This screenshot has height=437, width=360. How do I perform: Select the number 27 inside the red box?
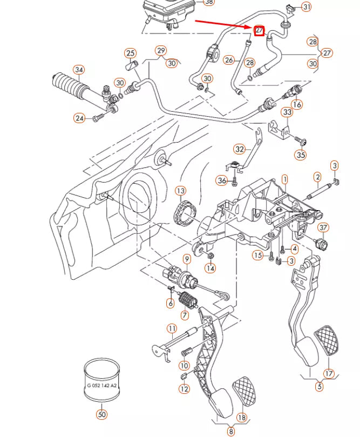pyautogui.click(x=259, y=31)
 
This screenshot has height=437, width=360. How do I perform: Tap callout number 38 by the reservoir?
pyautogui.click(x=207, y=2)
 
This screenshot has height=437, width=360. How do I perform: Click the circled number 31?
pyautogui.click(x=306, y=7)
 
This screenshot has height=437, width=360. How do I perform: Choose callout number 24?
pyautogui.click(x=80, y=118)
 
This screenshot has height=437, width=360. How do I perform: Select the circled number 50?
pyautogui.click(x=101, y=414)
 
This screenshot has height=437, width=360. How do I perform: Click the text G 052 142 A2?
pyautogui.click(x=101, y=386)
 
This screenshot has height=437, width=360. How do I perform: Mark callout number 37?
pyautogui.click(x=322, y=228)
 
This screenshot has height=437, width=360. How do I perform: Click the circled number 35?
pyautogui.click(x=301, y=155)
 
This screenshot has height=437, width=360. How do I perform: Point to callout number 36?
pyautogui.click(x=221, y=180)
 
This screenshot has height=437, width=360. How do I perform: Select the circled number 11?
pyautogui.click(x=172, y=328)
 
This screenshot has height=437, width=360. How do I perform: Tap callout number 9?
pyautogui.click(x=186, y=259)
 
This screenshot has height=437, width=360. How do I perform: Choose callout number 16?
pyautogui.click(x=296, y=104)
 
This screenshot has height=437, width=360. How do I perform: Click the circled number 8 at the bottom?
pyautogui.click(x=230, y=431)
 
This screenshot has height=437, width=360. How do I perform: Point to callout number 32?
pyautogui.click(x=240, y=149)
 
